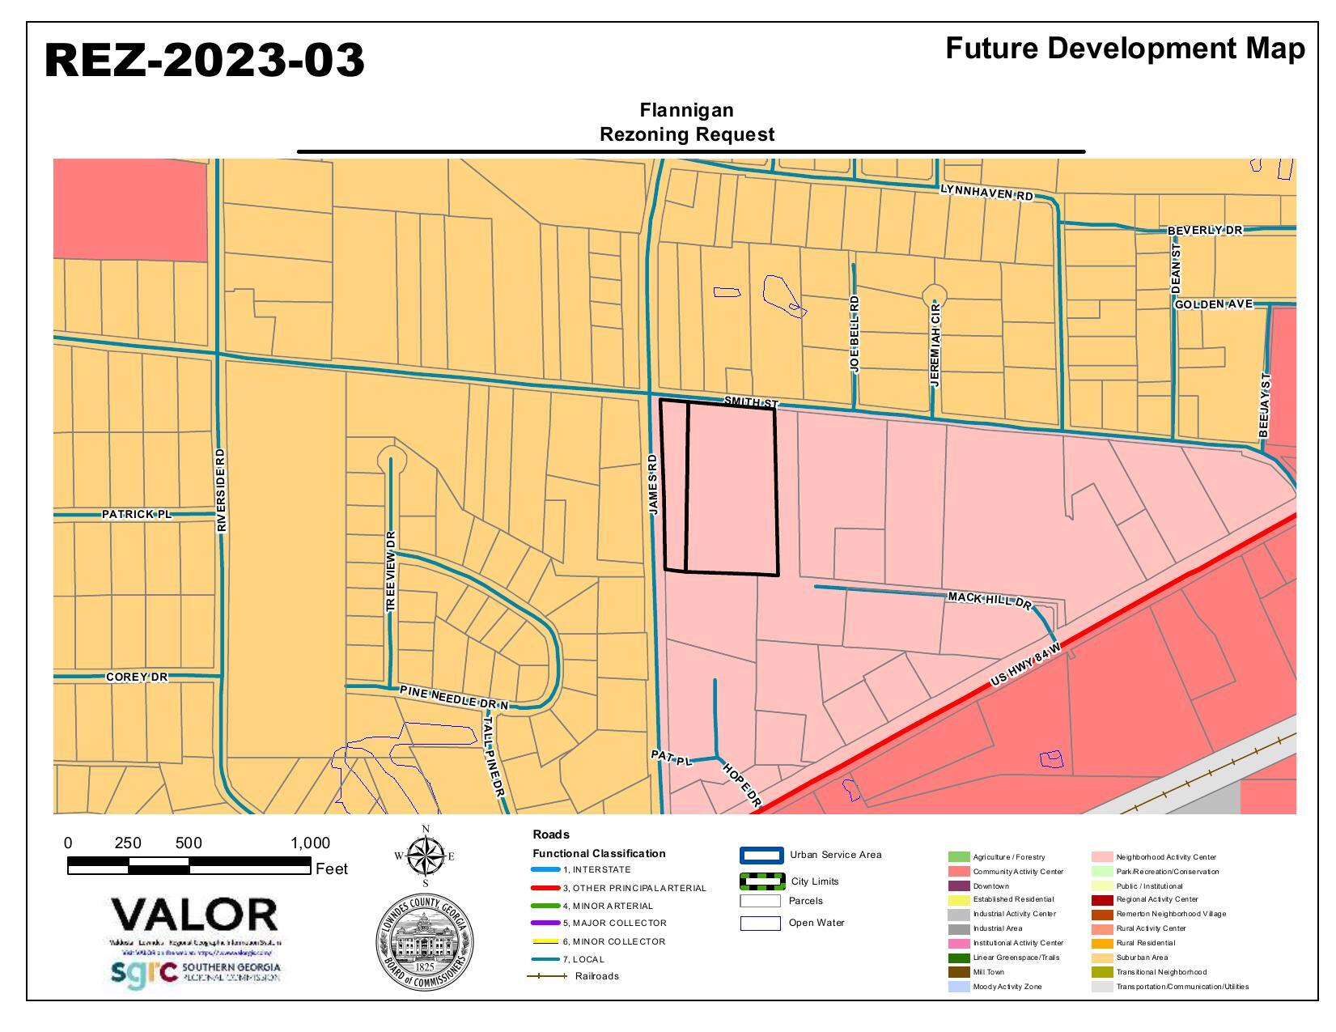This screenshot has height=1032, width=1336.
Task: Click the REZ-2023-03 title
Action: (x=205, y=61)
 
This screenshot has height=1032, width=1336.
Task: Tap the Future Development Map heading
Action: (x=1125, y=49)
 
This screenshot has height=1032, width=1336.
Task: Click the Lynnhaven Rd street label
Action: (x=986, y=193)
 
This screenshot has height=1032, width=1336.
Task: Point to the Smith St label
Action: (x=750, y=402)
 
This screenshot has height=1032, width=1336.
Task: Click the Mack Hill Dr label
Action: (x=990, y=600)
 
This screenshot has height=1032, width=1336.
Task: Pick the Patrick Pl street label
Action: (x=137, y=514)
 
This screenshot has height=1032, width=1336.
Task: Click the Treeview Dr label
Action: (x=391, y=571)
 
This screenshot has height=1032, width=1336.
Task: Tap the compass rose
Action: (x=425, y=856)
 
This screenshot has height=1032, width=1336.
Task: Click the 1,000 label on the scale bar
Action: (x=310, y=843)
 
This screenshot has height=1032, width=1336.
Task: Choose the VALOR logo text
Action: (x=195, y=915)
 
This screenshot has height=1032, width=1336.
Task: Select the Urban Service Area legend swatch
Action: (x=761, y=856)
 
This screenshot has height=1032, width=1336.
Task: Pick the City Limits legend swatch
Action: (x=761, y=881)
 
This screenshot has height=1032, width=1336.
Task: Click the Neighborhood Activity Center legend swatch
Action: (x=1101, y=856)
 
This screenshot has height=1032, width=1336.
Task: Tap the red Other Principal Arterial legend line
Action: (x=545, y=888)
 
